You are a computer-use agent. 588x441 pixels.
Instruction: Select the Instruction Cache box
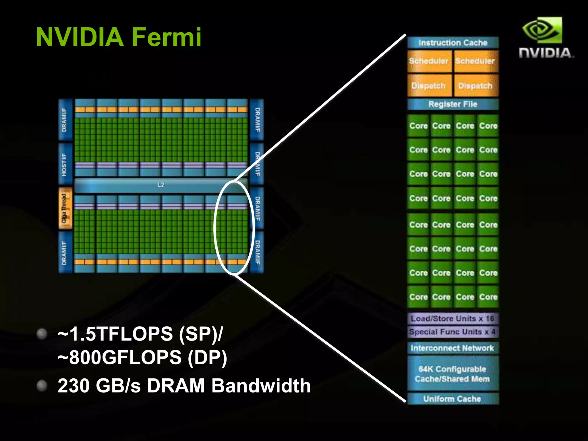[x=453, y=43]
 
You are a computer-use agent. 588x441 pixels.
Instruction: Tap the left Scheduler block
[x=429, y=61]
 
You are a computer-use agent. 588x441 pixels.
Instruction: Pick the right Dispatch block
[x=475, y=86]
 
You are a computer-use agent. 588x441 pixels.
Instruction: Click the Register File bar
[x=453, y=104]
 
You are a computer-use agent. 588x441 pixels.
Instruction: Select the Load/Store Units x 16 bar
[x=453, y=318]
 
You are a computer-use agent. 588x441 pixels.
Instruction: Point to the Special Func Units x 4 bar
[x=453, y=332]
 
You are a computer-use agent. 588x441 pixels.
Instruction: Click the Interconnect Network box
[x=453, y=348]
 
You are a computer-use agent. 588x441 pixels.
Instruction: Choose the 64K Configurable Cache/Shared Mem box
[x=453, y=374]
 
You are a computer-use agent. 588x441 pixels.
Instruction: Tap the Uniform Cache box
[x=453, y=399]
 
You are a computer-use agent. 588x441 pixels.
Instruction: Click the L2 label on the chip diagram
[x=161, y=185]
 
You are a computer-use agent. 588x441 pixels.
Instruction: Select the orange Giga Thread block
[x=65, y=208]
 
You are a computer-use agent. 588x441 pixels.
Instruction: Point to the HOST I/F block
[x=65, y=164]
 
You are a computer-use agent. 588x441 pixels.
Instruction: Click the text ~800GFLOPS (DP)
[x=142, y=358]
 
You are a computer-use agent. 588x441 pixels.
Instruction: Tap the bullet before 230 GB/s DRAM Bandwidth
[x=42, y=386]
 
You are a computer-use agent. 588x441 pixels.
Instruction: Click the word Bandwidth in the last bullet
[x=261, y=386]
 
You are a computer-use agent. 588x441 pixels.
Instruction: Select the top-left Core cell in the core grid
[x=418, y=126]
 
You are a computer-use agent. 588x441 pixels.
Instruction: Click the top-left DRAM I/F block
[x=65, y=119]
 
